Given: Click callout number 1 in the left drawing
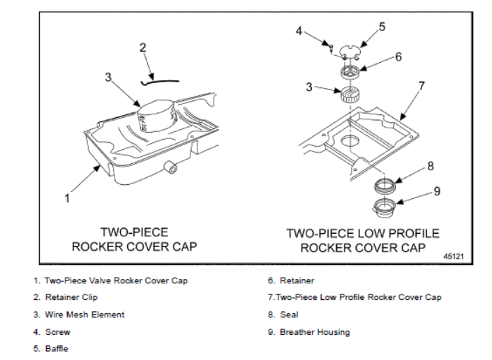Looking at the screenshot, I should click(x=67, y=198).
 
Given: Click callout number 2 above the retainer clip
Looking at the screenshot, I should click(x=143, y=47).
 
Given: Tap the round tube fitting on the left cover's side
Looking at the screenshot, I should click(x=170, y=167).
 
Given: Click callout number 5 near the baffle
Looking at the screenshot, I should click(x=382, y=27).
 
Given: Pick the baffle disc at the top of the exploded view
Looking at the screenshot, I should click(x=350, y=50).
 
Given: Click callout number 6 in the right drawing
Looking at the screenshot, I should click(x=398, y=57).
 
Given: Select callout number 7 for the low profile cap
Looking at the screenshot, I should click(x=421, y=86).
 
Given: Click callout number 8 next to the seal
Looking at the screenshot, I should click(x=431, y=166).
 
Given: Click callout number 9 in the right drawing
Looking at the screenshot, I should click(x=437, y=190).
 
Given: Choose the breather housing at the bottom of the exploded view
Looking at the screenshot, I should click(x=384, y=206).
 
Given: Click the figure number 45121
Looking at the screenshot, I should click(x=454, y=256).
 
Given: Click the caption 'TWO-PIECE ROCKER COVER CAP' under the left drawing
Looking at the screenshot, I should click(x=135, y=239).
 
